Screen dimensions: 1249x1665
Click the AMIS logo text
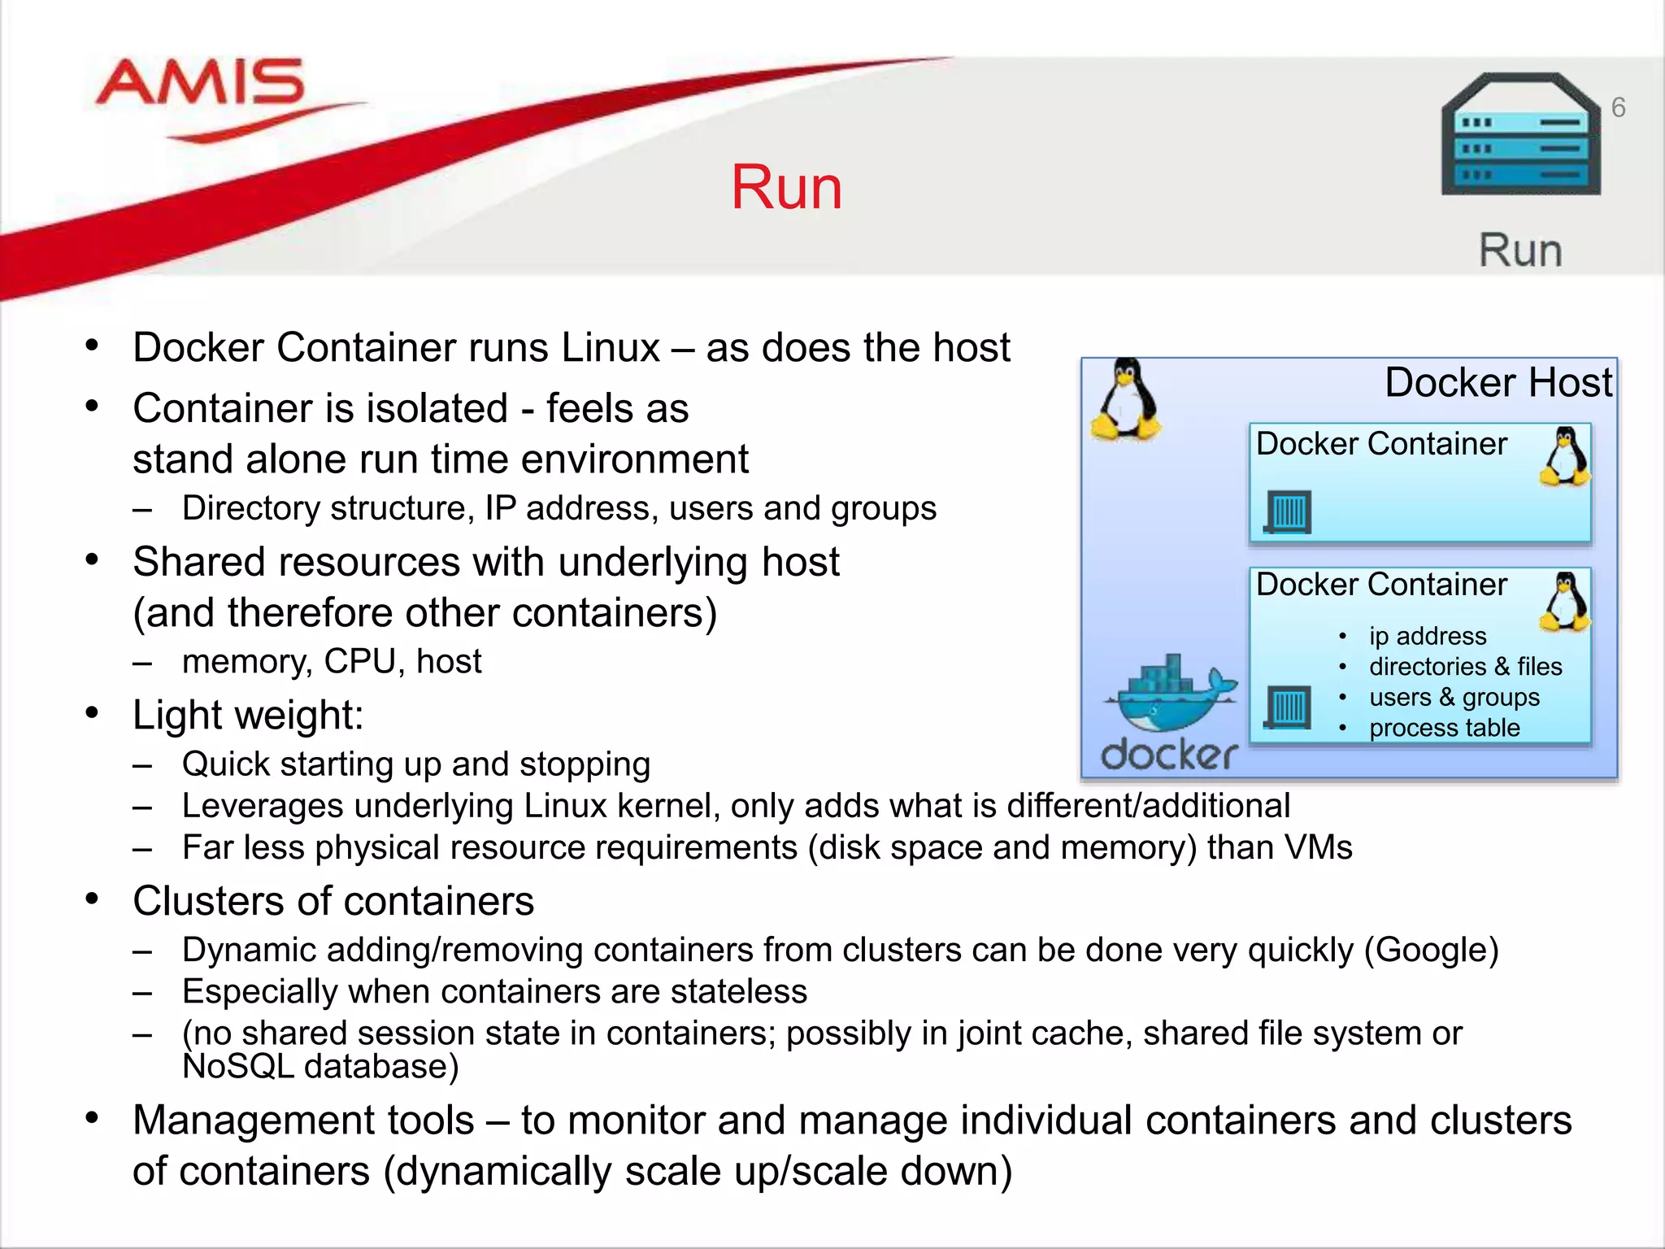tap(200, 83)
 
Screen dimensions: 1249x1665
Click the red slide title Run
tap(786, 188)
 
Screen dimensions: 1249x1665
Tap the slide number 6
tap(1618, 107)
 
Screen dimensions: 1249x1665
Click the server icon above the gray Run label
tap(1520, 134)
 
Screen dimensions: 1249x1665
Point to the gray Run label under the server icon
tap(1520, 250)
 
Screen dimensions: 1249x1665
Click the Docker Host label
tap(1498, 382)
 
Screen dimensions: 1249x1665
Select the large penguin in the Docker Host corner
tap(1126, 400)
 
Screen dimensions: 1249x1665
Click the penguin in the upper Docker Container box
tap(1564, 457)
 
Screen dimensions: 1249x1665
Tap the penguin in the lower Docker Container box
tap(1564, 602)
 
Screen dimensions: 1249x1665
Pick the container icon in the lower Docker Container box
tap(1289, 707)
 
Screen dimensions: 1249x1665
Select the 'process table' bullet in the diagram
tap(1444, 728)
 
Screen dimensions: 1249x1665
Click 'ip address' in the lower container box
tap(1427, 636)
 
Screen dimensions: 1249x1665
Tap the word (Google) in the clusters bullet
tap(1431, 950)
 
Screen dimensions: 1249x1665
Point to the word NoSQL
tap(237, 1066)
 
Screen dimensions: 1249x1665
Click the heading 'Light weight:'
tap(248, 716)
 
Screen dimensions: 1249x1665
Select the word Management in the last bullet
tap(303, 1121)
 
